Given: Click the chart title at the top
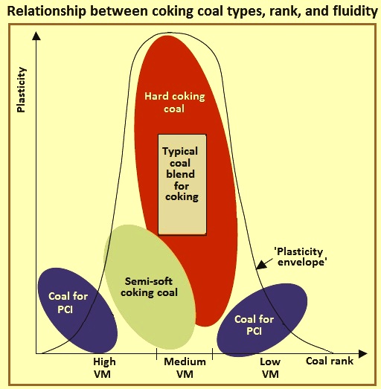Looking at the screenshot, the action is (193, 11).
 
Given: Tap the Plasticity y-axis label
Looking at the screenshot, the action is (21, 89).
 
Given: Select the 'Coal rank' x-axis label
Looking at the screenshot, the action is (330, 361).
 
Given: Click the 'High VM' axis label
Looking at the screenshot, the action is (104, 367).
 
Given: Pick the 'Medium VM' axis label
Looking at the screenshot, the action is (185, 367).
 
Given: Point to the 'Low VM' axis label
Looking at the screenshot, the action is (270, 367).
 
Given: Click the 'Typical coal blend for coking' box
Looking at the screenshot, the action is (182, 184).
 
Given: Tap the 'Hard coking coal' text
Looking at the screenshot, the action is (174, 102).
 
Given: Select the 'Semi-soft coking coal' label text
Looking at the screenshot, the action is (149, 287).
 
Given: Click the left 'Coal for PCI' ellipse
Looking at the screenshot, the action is (77, 310).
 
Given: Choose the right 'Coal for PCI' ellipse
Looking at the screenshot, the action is (262, 320).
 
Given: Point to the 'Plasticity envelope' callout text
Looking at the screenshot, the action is (301, 257).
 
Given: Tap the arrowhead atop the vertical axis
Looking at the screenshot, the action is (36, 36).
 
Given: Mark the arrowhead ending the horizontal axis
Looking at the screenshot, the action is (363, 354).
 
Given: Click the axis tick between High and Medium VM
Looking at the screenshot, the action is (156, 354).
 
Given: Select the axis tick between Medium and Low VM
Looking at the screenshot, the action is (213, 354).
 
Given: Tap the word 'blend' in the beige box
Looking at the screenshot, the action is (180, 174).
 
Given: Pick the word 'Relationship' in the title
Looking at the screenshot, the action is (46, 11).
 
